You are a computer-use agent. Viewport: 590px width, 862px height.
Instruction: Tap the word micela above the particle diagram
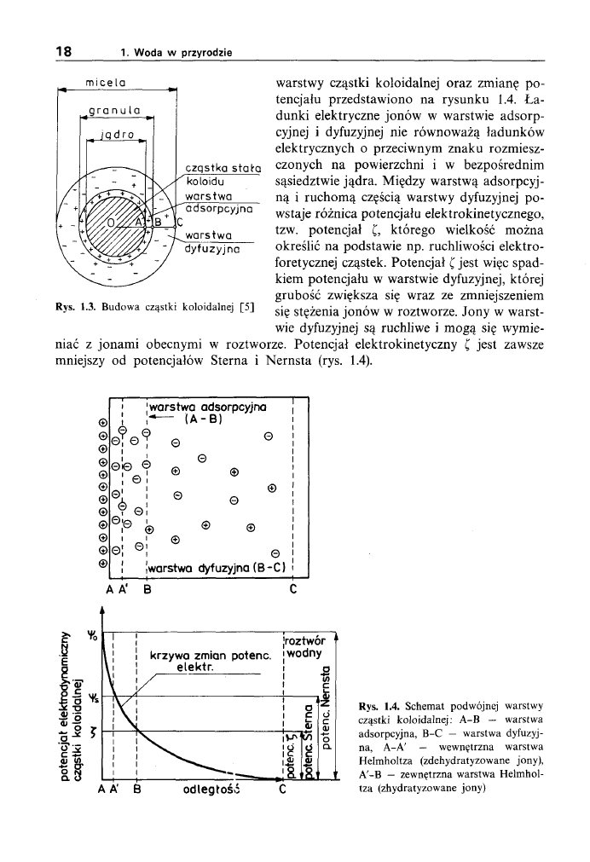107,83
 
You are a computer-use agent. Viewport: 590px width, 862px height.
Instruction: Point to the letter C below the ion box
292,587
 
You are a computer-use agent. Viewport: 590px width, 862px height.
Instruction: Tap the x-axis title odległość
209,788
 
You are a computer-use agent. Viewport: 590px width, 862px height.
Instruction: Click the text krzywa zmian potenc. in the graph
211,657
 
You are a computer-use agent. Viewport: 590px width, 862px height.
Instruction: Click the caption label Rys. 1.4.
378,706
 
